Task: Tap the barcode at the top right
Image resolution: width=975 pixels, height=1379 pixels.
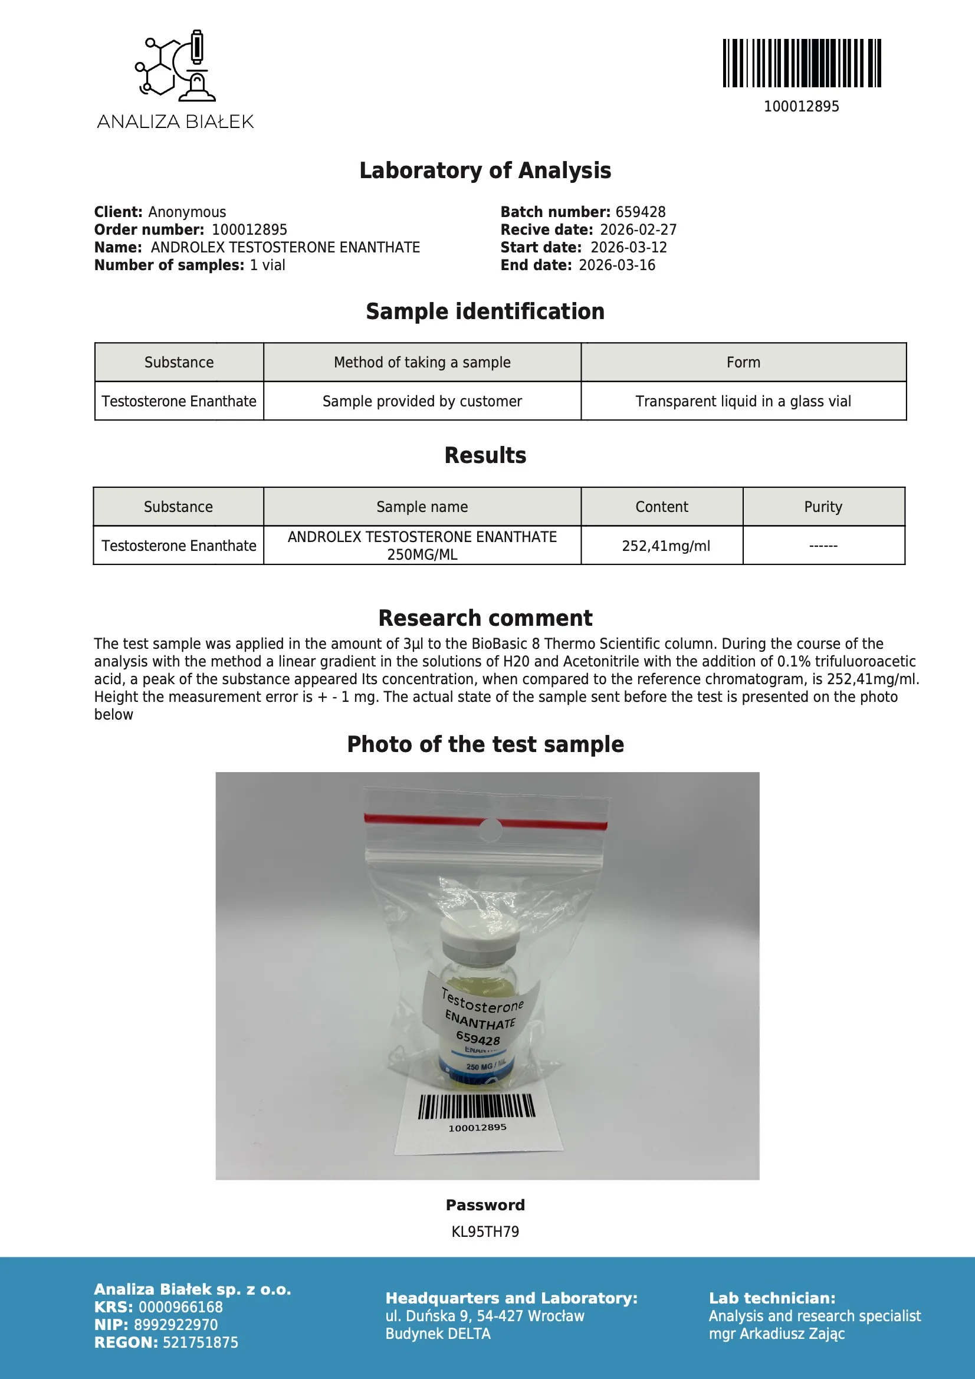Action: [x=802, y=63]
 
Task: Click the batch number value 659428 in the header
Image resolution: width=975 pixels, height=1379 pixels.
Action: [x=641, y=212]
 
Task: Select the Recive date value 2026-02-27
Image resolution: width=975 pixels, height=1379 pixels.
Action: [x=638, y=230]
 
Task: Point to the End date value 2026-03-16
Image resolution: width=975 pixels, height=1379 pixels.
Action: [x=616, y=265]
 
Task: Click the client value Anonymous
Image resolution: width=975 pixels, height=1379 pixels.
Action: [x=187, y=212]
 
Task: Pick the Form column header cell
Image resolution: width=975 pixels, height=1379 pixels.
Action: [x=743, y=363]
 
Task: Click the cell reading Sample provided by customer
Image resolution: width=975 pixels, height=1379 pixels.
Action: [x=422, y=401]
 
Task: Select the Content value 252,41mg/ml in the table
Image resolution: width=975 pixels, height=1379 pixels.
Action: [x=665, y=546]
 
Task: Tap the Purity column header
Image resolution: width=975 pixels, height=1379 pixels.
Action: [x=823, y=507]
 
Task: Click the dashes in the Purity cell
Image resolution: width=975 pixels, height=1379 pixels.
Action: [x=823, y=546]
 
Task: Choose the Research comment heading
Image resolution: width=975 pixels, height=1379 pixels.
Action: [x=485, y=618]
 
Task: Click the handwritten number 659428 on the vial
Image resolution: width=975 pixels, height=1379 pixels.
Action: [x=478, y=1038]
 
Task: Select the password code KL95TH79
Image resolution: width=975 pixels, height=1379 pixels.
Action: [x=485, y=1232]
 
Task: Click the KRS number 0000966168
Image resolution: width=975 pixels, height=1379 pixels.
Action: [x=181, y=1307]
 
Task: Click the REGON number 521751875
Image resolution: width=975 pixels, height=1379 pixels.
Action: [x=200, y=1342]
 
